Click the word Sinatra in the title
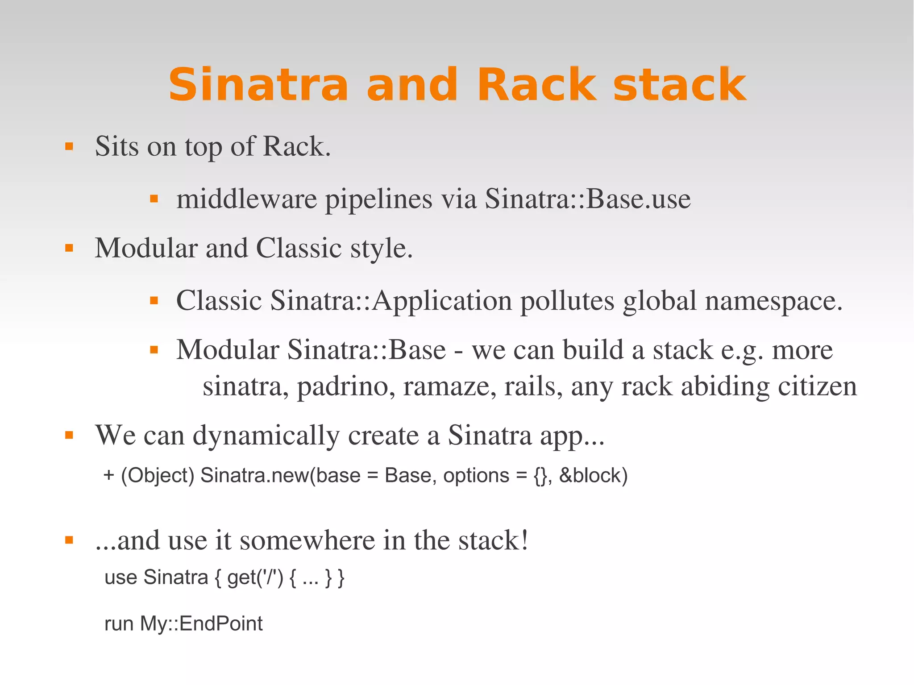(258, 85)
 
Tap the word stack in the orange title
(679, 85)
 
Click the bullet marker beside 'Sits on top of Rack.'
(69, 146)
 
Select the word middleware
(247, 199)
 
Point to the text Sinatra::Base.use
(588, 199)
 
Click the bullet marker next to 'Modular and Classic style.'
(69, 248)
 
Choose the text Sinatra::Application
(391, 300)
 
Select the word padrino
(346, 386)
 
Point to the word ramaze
(449, 386)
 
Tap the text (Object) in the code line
(158, 476)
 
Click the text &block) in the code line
(593, 476)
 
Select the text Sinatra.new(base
(280, 476)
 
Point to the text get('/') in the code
(255, 578)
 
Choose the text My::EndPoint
(201, 624)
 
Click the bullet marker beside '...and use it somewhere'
(69, 540)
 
